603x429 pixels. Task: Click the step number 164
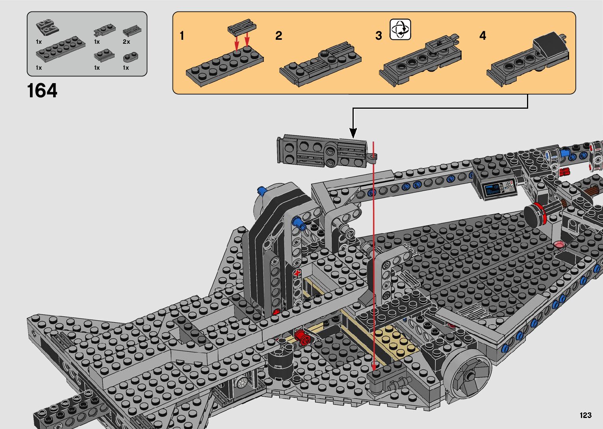point(42,91)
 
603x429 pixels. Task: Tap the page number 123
point(586,415)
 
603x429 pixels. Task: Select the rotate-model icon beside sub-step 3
point(400,30)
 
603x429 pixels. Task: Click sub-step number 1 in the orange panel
point(182,36)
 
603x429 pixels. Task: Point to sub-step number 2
point(278,36)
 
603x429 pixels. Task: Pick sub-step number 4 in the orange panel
point(482,36)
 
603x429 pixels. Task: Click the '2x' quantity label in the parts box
point(126,42)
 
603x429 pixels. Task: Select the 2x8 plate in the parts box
point(61,49)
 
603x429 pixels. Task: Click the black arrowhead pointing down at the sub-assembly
point(353,133)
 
